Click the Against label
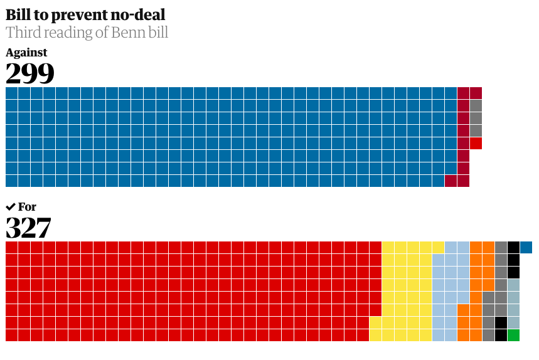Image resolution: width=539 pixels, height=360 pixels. tap(26, 53)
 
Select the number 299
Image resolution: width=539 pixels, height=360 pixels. tap(29, 73)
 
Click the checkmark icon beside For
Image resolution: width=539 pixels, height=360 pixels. tap(11, 207)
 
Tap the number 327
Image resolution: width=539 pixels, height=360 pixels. tap(28, 228)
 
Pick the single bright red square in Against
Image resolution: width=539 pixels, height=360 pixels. tap(476, 143)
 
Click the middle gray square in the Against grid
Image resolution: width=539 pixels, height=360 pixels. tap(476, 118)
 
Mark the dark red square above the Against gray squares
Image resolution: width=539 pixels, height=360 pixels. tap(476, 93)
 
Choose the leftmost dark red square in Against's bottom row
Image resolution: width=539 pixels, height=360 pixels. tap(451, 181)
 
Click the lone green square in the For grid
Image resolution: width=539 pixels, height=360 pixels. tap(513, 335)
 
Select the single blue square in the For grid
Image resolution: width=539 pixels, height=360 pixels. tap(526, 247)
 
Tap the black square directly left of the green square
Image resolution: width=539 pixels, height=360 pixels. tap(501, 335)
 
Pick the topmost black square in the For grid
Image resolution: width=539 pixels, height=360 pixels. tap(513, 247)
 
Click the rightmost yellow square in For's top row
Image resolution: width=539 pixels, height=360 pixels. tap(438, 247)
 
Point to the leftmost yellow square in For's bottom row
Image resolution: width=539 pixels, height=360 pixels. tap(375, 335)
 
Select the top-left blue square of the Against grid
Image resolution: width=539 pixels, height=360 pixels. tap(11, 93)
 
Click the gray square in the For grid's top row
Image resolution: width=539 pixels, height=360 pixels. tap(501, 247)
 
